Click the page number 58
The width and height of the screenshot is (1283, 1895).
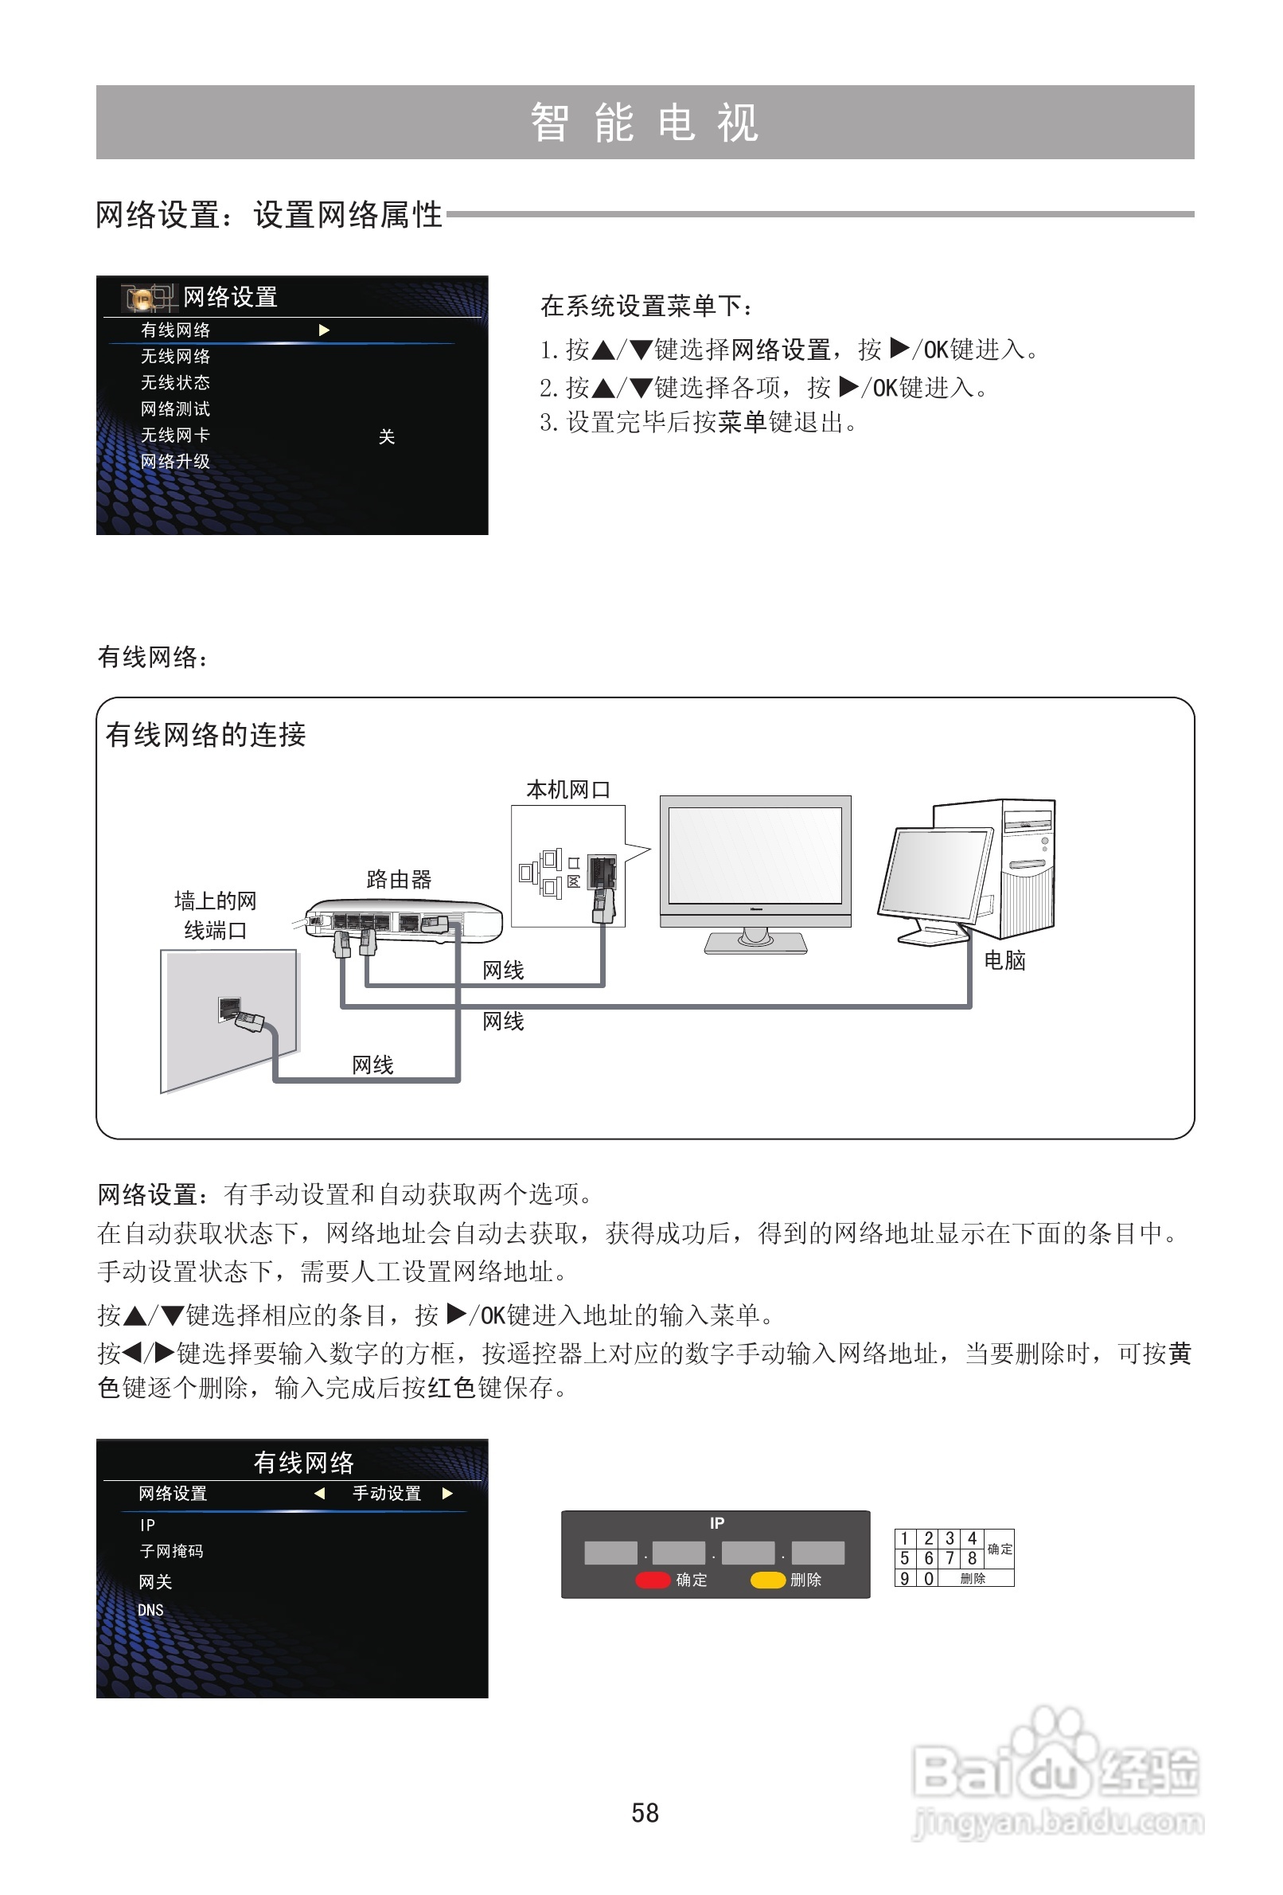tap(644, 1812)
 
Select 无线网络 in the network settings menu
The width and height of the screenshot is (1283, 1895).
tap(175, 357)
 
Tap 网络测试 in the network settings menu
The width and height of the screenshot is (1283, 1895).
tap(175, 408)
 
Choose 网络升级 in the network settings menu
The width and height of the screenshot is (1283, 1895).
tap(175, 462)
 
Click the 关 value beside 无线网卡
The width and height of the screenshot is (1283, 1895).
tap(386, 437)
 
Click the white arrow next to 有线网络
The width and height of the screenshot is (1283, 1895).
tap(324, 330)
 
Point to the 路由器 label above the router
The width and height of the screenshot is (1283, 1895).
tap(399, 879)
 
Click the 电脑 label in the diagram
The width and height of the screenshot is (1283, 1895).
tap(1004, 959)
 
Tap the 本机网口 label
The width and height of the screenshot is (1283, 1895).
tap(568, 789)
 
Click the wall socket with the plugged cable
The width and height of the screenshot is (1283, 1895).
tap(233, 1011)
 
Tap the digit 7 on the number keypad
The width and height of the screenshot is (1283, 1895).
tap(950, 1558)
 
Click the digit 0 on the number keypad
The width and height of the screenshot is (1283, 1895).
tap(927, 1579)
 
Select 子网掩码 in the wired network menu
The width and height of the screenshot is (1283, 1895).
tap(171, 1551)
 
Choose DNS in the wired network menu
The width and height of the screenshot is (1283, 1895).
tap(150, 1611)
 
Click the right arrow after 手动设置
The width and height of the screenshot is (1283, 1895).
tap(447, 1493)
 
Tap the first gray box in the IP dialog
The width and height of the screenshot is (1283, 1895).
tap(610, 1553)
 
